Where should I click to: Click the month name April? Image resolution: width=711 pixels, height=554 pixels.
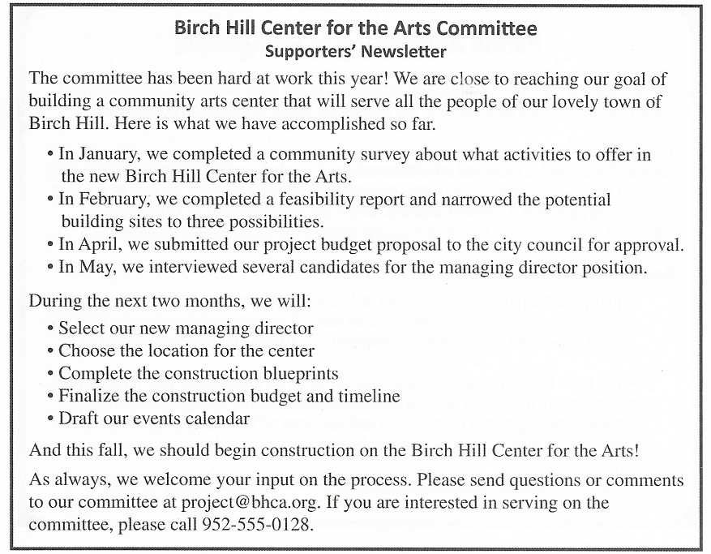94,244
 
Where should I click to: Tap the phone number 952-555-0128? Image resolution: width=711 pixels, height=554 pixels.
256,524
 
